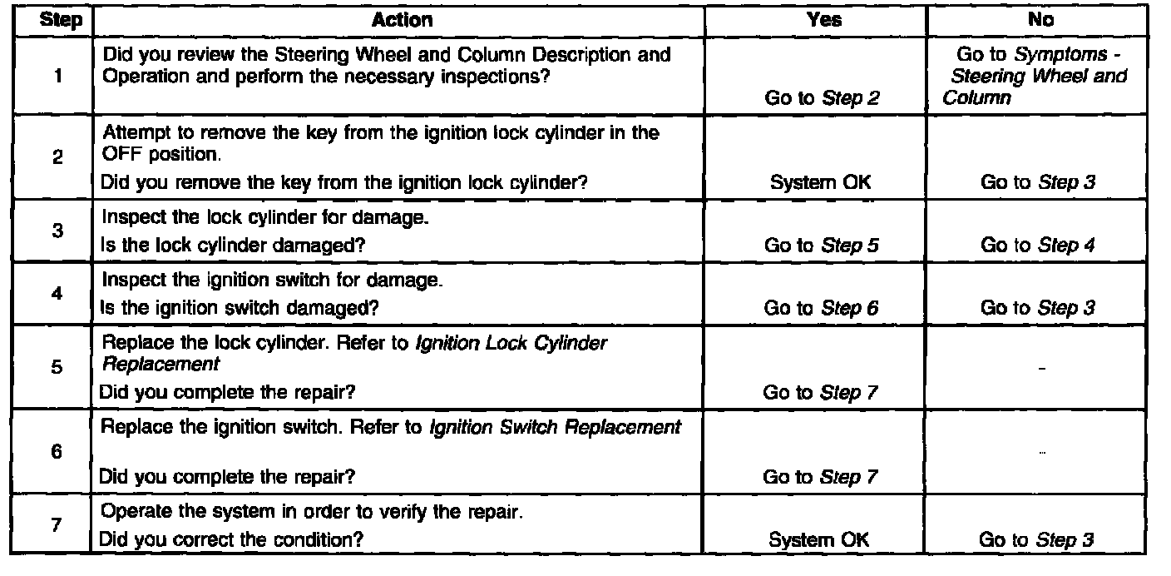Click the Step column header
(62, 21)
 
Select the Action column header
(402, 21)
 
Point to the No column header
(1040, 21)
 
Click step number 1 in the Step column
(57, 77)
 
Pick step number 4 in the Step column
(57, 295)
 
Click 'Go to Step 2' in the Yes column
(821, 98)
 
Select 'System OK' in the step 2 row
(820, 182)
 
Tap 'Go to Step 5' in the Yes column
(821, 245)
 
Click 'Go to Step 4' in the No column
(1037, 245)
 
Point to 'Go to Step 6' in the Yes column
(821, 308)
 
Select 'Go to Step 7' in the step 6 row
(821, 477)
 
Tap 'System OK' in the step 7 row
(819, 539)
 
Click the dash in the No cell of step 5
(1042, 367)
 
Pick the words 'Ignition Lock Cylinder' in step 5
(519, 344)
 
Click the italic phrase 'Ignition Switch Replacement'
(556, 428)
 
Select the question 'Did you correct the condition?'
(231, 539)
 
